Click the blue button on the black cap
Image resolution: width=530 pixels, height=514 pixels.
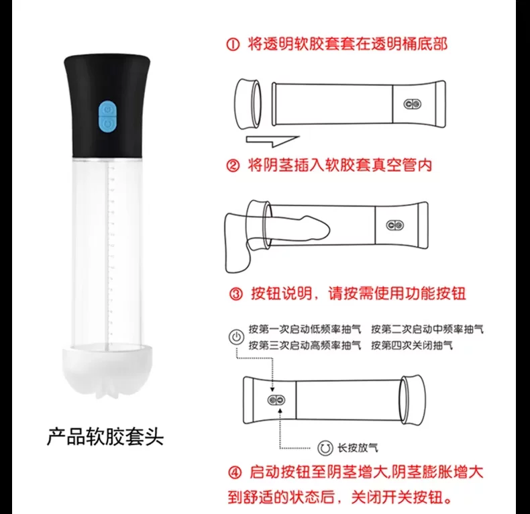(107, 116)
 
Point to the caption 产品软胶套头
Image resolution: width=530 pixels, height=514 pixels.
(105, 437)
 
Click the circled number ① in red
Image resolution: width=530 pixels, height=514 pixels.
(233, 45)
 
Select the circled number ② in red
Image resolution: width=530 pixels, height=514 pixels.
(233, 166)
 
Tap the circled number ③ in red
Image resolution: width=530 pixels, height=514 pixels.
(236, 294)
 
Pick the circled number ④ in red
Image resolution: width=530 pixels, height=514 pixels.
(235, 472)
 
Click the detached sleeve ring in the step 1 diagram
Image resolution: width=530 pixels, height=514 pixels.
(248, 104)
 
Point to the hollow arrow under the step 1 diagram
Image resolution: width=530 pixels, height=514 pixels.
(272, 141)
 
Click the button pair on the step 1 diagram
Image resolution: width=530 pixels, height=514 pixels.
(413, 104)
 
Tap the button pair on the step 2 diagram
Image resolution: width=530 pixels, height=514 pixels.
(394, 225)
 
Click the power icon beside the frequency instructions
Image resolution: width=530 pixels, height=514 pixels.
(236, 337)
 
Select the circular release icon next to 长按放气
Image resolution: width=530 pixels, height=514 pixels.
(325, 448)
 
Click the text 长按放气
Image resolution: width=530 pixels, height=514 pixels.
(358, 448)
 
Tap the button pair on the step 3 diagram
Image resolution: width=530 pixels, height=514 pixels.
(276, 401)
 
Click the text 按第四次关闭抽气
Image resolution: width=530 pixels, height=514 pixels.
(412, 346)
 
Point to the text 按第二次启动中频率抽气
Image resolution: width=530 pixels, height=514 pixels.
(427, 329)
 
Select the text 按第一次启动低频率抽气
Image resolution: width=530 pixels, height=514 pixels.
(305, 329)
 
